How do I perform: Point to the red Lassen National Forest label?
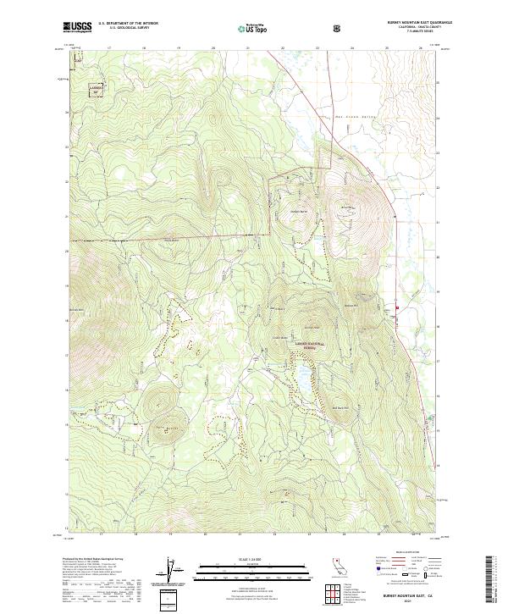click(x=309, y=333)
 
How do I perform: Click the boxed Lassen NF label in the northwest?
click(x=96, y=86)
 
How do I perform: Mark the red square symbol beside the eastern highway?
click(x=397, y=307)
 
